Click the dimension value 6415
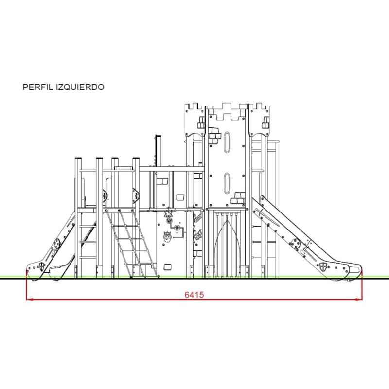(x=194, y=295)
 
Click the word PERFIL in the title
(x=38, y=87)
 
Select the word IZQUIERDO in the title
(x=80, y=87)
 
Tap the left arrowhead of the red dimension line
(x=30, y=299)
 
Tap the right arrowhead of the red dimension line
(x=359, y=299)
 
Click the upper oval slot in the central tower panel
(x=227, y=142)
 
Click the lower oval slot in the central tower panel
(x=227, y=183)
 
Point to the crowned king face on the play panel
(x=167, y=236)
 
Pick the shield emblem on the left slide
(x=42, y=266)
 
